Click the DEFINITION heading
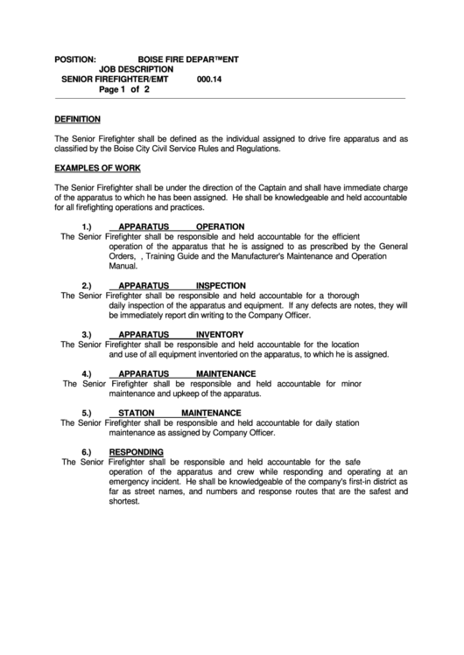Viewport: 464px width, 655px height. point(77,119)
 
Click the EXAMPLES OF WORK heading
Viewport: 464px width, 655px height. point(97,168)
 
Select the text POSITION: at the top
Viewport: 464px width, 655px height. point(75,59)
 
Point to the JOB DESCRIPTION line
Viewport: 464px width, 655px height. point(136,68)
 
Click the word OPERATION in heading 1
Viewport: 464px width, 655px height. point(220,226)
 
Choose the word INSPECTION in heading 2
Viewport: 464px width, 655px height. point(221,285)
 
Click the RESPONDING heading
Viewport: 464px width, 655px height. point(136,451)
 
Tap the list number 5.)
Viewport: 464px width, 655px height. point(88,412)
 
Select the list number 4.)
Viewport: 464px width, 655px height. point(88,373)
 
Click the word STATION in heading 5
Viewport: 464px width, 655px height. point(136,412)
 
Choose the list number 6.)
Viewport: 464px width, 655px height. point(88,451)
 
